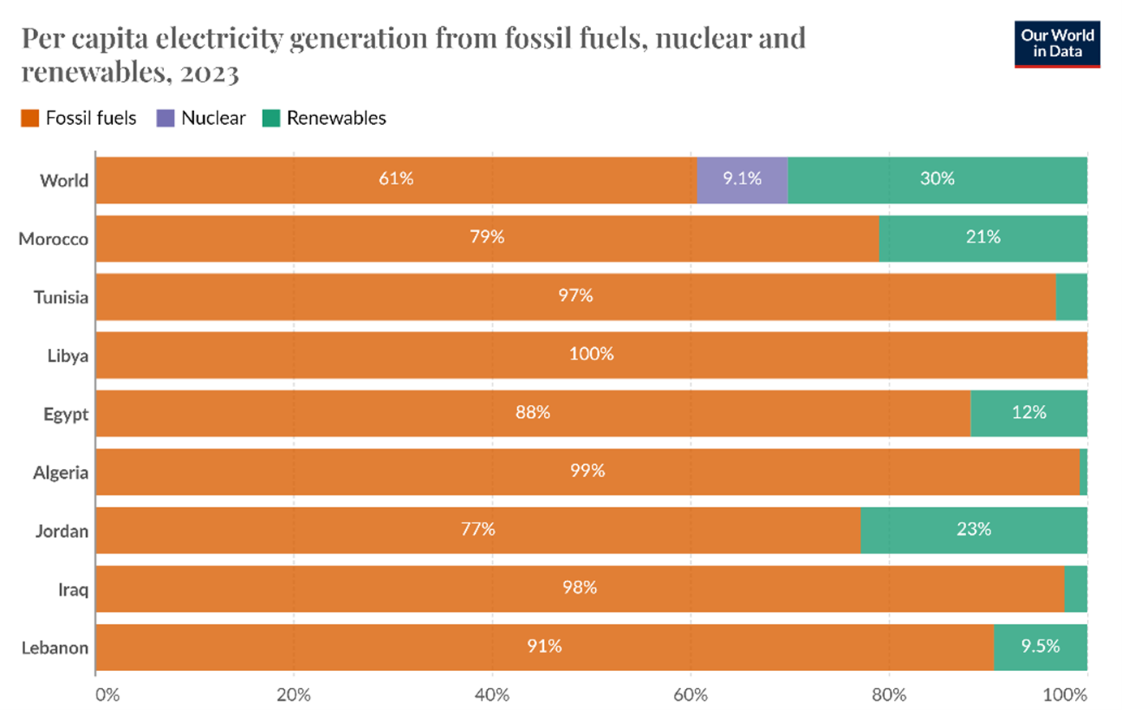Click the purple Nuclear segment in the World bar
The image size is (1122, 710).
point(742,180)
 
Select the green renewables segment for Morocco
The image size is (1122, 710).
point(982,238)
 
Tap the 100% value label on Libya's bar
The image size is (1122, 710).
point(591,354)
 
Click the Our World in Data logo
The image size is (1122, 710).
point(1057,44)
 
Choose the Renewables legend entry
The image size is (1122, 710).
point(325,118)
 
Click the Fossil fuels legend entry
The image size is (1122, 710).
point(79,118)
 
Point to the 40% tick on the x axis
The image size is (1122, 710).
point(492,695)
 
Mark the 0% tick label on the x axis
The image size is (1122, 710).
point(107,695)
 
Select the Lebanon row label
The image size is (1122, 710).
point(54,648)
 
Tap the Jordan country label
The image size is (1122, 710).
point(62,531)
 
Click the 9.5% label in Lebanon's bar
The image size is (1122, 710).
point(1040,646)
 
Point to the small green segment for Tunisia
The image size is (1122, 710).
point(1071,297)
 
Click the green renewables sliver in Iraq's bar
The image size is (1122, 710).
point(1076,589)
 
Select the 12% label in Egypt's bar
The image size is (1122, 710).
point(1029,412)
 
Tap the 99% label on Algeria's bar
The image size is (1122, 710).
point(587,471)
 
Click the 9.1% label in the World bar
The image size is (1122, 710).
point(742,179)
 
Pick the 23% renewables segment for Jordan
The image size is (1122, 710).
point(973,530)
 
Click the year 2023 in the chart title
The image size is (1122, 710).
point(210,73)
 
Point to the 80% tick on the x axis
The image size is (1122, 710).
point(889,695)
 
